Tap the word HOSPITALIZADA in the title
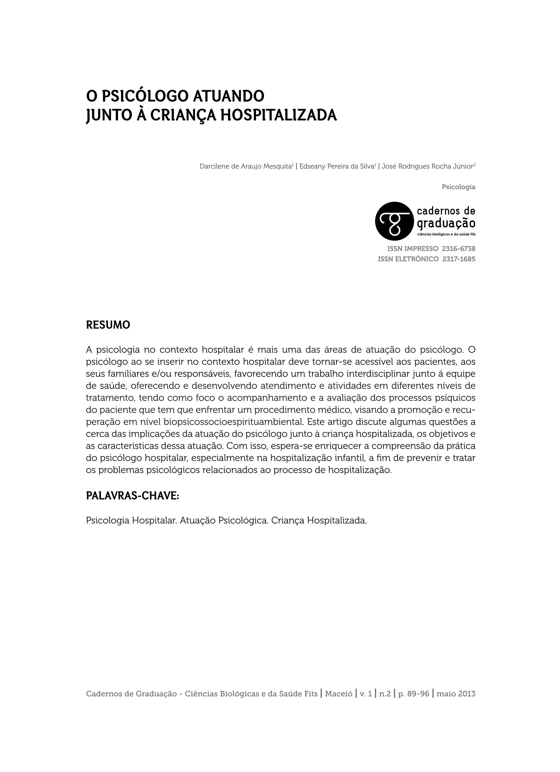tap(278, 115)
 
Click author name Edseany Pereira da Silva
tap(337, 167)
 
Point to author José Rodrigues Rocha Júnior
tap(428, 167)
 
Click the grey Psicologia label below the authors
tap(458, 187)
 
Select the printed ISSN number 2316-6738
tap(458, 249)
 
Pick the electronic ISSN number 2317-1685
tap(459, 259)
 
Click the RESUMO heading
tap(108, 325)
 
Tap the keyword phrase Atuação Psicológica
tap(224, 520)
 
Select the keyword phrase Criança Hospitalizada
tap(319, 520)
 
